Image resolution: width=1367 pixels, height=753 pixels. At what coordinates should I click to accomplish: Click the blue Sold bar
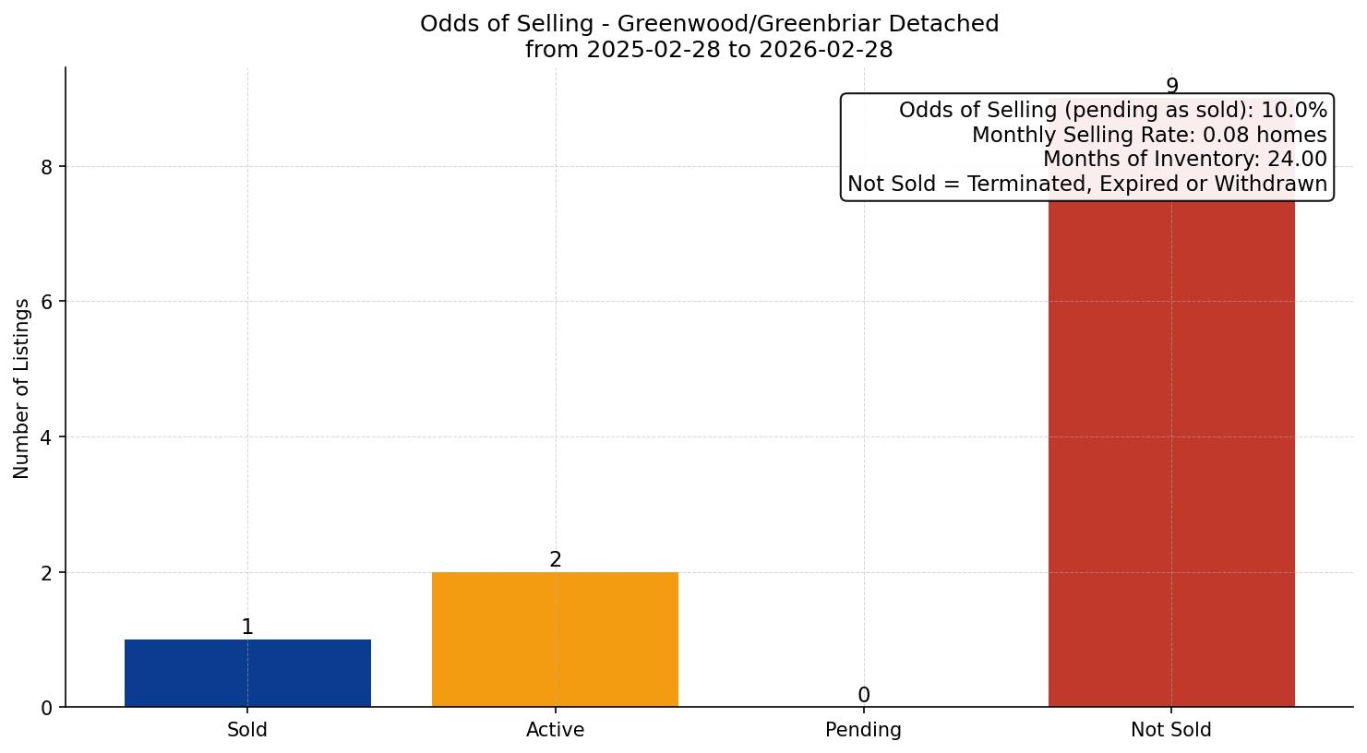pyautogui.click(x=247, y=673)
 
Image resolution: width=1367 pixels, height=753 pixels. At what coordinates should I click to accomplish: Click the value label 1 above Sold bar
pyautogui.click(x=247, y=627)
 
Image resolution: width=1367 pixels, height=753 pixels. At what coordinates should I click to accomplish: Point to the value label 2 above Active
pyautogui.click(x=555, y=560)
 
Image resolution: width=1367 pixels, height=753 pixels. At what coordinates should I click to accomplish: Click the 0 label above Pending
pyautogui.click(x=863, y=696)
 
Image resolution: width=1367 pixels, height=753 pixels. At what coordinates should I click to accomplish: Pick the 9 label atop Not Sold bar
pyautogui.click(x=1171, y=87)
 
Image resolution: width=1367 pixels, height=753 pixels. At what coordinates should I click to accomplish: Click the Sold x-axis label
pyautogui.click(x=247, y=730)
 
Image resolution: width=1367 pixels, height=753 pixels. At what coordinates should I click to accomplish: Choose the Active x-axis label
pyautogui.click(x=555, y=730)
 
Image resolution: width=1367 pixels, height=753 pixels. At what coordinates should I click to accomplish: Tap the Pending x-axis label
pyautogui.click(x=863, y=730)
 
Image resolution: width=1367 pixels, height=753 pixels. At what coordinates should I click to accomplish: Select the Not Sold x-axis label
pyautogui.click(x=1171, y=730)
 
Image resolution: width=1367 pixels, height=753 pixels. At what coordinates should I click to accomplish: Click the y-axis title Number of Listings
pyautogui.click(x=22, y=388)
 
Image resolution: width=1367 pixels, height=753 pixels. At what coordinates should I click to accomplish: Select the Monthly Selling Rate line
pyautogui.click(x=1149, y=136)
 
